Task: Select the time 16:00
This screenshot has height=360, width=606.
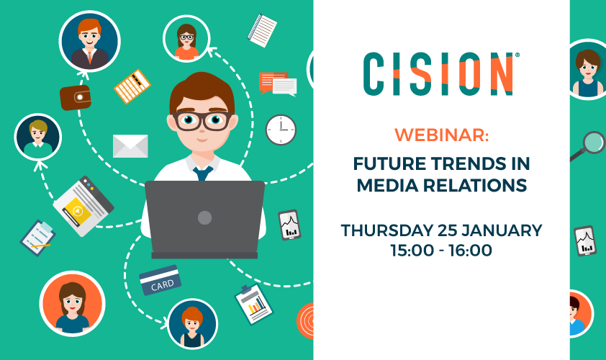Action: click(x=471, y=250)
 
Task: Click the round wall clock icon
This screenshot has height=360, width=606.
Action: click(x=281, y=130)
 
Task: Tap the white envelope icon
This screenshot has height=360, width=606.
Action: click(x=130, y=145)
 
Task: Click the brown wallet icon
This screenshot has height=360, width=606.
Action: click(x=76, y=97)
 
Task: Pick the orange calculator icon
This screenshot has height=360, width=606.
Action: click(x=132, y=86)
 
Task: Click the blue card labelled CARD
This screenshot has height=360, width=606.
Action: click(x=160, y=280)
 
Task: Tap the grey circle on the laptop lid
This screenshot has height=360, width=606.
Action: click(x=205, y=217)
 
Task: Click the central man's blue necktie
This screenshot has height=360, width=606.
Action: click(x=203, y=174)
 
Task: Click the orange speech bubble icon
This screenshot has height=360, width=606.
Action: click(x=273, y=82)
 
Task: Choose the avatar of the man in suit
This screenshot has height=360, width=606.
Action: click(x=90, y=41)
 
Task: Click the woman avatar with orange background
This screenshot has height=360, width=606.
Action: click(x=72, y=304)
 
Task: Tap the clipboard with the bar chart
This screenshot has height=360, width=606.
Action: click(x=254, y=305)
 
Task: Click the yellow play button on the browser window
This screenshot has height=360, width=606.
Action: click(x=78, y=211)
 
